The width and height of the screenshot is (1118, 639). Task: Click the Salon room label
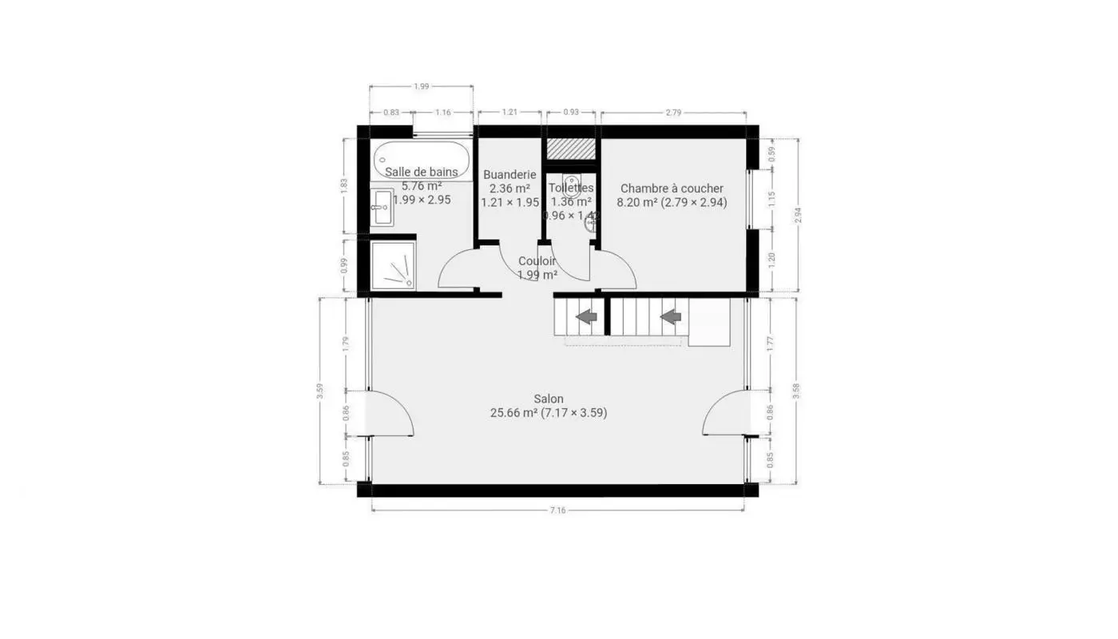click(x=549, y=399)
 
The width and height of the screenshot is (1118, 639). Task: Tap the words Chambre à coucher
click(x=672, y=189)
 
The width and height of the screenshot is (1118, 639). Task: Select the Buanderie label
click(x=509, y=174)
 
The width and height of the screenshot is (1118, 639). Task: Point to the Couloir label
click(x=537, y=261)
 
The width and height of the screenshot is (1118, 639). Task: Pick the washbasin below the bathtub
click(x=383, y=207)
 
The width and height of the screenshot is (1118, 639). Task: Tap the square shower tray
click(x=394, y=265)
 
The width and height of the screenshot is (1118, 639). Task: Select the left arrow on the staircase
click(x=587, y=316)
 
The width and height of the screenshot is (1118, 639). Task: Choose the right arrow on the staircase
click(x=671, y=316)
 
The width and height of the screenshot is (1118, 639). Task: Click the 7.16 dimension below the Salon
click(x=557, y=510)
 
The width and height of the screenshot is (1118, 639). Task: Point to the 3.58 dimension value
click(x=796, y=391)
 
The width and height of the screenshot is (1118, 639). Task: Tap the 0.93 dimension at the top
click(x=571, y=113)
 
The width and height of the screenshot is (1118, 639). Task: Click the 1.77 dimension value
click(x=771, y=344)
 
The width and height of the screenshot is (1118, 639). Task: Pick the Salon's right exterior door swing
click(x=724, y=414)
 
